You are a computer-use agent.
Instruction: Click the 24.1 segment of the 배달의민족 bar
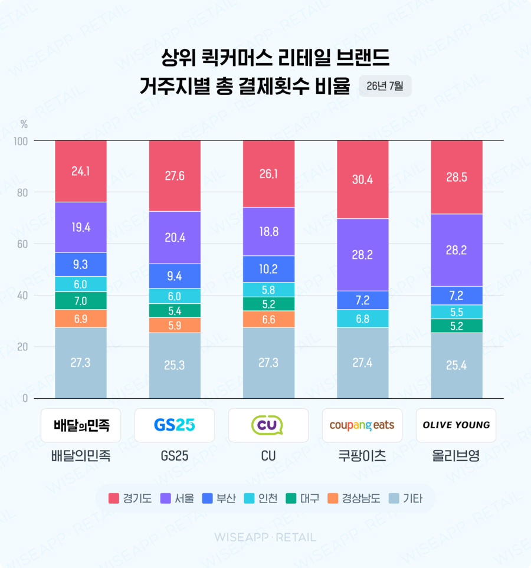point(81,171)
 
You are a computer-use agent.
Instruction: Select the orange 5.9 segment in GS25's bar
point(175,326)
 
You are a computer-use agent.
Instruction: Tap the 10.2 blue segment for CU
point(268,269)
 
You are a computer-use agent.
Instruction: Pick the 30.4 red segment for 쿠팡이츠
point(362,179)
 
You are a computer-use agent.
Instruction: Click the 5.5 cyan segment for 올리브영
point(457,312)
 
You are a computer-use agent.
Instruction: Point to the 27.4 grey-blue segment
point(362,363)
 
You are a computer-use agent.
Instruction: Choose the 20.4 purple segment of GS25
point(175,237)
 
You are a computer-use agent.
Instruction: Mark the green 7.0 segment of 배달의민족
point(81,301)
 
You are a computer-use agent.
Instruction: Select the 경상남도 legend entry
point(354,498)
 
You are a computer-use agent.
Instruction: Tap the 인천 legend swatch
point(250,498)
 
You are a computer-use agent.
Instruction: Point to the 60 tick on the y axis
point(22,244)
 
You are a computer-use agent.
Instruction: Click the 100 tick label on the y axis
point(21,142)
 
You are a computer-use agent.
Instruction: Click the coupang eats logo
point(362,425)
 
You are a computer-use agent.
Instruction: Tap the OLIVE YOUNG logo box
point(456,425)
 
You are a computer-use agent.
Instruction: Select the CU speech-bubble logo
point(267,425)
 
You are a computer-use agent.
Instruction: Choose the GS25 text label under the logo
point(174,456)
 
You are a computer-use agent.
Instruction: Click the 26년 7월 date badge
point(385,86)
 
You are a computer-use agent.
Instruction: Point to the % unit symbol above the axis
point(24,124)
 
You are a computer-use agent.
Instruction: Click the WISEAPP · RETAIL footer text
point(265,537)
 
